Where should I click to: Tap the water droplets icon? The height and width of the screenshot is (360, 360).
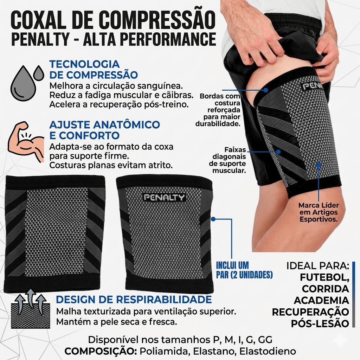[27, 83]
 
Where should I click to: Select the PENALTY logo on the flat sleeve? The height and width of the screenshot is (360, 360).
[164, 197]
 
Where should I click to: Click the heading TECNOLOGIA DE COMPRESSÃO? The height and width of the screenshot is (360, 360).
[94, 70]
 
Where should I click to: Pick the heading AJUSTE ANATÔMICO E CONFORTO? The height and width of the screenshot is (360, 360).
[105, 130]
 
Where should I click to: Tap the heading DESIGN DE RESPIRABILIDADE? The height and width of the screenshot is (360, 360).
[134, 300]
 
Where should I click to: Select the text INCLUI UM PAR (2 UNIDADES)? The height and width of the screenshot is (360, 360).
[244, 270]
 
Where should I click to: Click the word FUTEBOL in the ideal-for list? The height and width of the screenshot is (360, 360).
[324, 277]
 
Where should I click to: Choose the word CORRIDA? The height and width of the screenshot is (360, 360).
[326, 289]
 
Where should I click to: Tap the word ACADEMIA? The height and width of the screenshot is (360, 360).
[321, 300]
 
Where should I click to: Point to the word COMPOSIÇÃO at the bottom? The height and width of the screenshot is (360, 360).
[101, 351]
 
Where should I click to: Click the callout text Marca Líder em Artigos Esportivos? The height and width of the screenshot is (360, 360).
[319, 212]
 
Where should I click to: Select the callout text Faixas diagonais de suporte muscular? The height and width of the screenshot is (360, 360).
[227, 160]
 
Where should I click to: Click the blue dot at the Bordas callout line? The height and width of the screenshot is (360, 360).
[266, 90]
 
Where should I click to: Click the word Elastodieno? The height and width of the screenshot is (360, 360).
[268, 351]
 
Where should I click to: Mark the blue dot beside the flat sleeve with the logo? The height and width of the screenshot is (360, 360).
[213, 219]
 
